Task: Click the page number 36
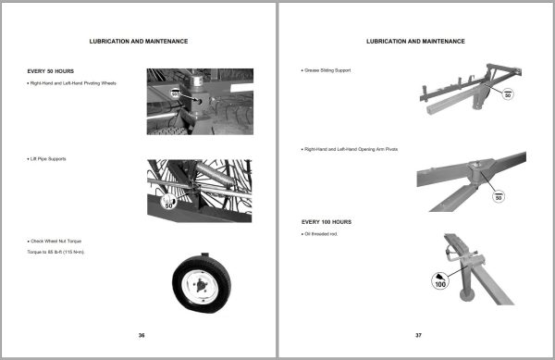tap(142, 335)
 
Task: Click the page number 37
tap(418, 335)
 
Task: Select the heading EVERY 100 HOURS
tap(327, 222)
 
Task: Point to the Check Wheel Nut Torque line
tap(56, 240)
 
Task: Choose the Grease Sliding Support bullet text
tap(328, 70)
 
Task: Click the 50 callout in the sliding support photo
tap(506, 95)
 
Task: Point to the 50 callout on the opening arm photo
tap(499, 196)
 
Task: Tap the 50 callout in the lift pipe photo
tap(169, 204)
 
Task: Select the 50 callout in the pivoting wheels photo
tap(176, 94)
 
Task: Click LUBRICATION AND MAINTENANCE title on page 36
tap(139, 42)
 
